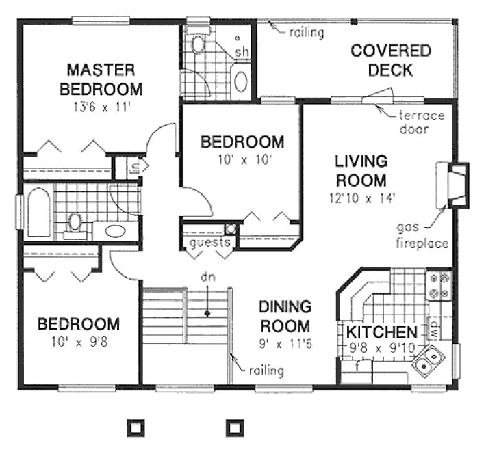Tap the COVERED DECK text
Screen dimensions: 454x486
pyautogui.click(x=390, y=60)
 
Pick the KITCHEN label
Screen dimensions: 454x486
pyautogui.click(x=381, y=332)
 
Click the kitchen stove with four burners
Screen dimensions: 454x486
pyautogui.click(x=438, y=287)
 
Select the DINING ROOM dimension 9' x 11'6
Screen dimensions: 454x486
pyautogui.click(x=285, y=344)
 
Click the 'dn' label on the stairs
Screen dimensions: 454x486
pyautogui.click(x=207, y=278)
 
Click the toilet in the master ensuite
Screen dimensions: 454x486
pyautogui.click(x=198, y=44)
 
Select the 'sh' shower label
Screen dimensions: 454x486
pyautogui.click(x=242, y=52)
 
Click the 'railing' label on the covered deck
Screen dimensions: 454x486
pyautogui.click(x=306, y=31)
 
